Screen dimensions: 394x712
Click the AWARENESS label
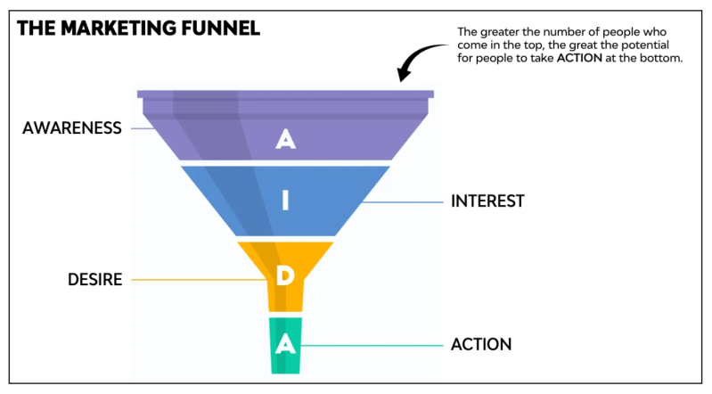71,128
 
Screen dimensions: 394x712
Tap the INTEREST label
487,201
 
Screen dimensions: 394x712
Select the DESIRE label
94,280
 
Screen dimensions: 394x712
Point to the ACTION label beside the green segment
481,344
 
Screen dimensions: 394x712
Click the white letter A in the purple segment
285,139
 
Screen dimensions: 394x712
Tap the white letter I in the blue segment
285,201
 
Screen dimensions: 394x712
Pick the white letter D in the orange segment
285,276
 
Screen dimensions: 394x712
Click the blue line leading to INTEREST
405,201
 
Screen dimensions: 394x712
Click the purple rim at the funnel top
285,94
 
